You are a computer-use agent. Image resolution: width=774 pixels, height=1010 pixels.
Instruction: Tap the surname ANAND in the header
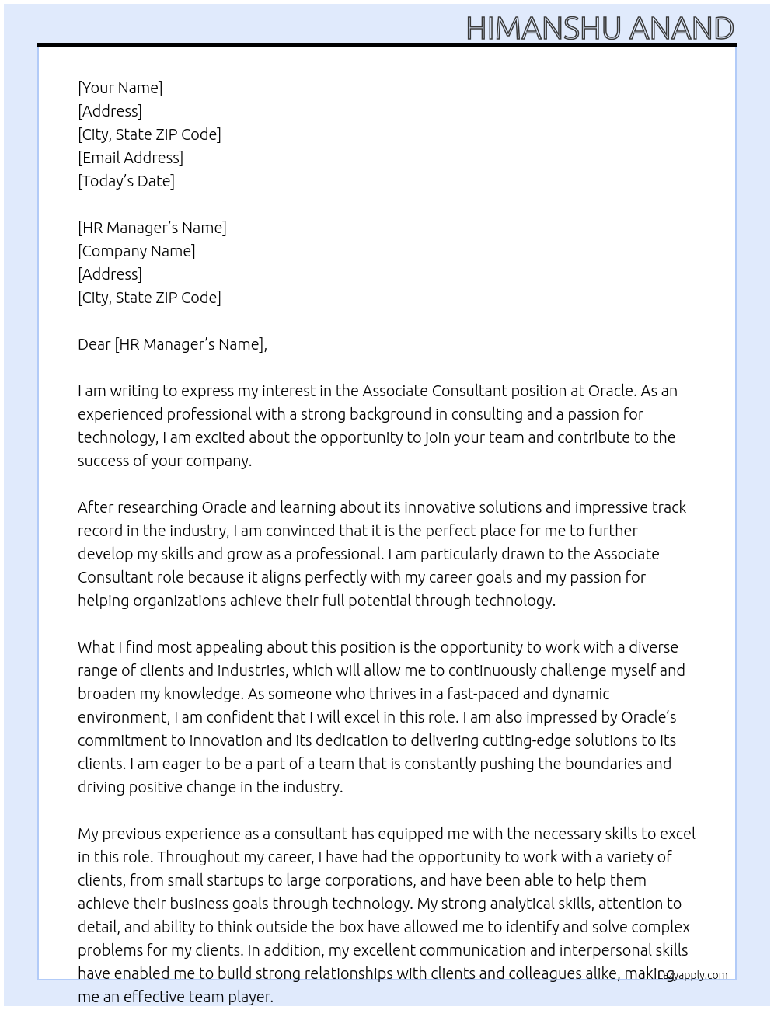(x=681, y=29)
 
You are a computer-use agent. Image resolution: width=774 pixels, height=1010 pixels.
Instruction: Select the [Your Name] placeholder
(x=120, y=88)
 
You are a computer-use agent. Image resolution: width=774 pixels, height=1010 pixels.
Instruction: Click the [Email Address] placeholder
(x=131, y=158)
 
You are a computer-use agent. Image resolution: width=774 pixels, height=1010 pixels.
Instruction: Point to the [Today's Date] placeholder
(x=126, y=181)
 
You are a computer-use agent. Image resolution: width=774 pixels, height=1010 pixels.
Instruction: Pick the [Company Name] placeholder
(x=136, y=251)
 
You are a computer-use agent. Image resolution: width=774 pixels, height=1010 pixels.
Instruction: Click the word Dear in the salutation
(x=94, y=344)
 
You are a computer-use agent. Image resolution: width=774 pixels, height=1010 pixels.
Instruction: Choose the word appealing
(x=228, y=647)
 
